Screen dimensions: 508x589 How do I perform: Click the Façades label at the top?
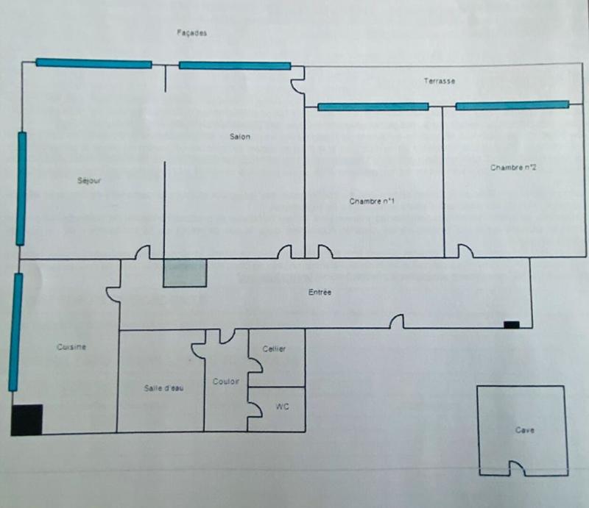tap(192, 33)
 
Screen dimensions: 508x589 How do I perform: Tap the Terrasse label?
tap(439, 81)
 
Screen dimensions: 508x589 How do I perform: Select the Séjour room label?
tap(89, 180)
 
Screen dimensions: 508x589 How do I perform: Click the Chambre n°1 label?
tap(373, 200)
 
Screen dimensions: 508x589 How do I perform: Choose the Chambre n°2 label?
tap(512, 168)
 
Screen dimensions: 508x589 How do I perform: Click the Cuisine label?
tap(72, 347)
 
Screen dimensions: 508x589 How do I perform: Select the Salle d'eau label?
tap(163, 388)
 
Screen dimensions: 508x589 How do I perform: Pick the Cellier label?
tap(274, 348)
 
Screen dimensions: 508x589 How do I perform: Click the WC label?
tap(281, 406)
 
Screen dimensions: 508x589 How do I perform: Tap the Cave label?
tap(524, 430)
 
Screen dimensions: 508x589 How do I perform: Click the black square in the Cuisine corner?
tap(27, 420)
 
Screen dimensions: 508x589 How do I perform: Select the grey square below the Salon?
tap(185, 273)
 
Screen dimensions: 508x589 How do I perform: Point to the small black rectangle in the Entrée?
tap(511, 324)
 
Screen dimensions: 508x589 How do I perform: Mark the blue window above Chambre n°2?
tap(512, 106)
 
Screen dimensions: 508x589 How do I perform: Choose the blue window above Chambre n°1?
tap(373, 107)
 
